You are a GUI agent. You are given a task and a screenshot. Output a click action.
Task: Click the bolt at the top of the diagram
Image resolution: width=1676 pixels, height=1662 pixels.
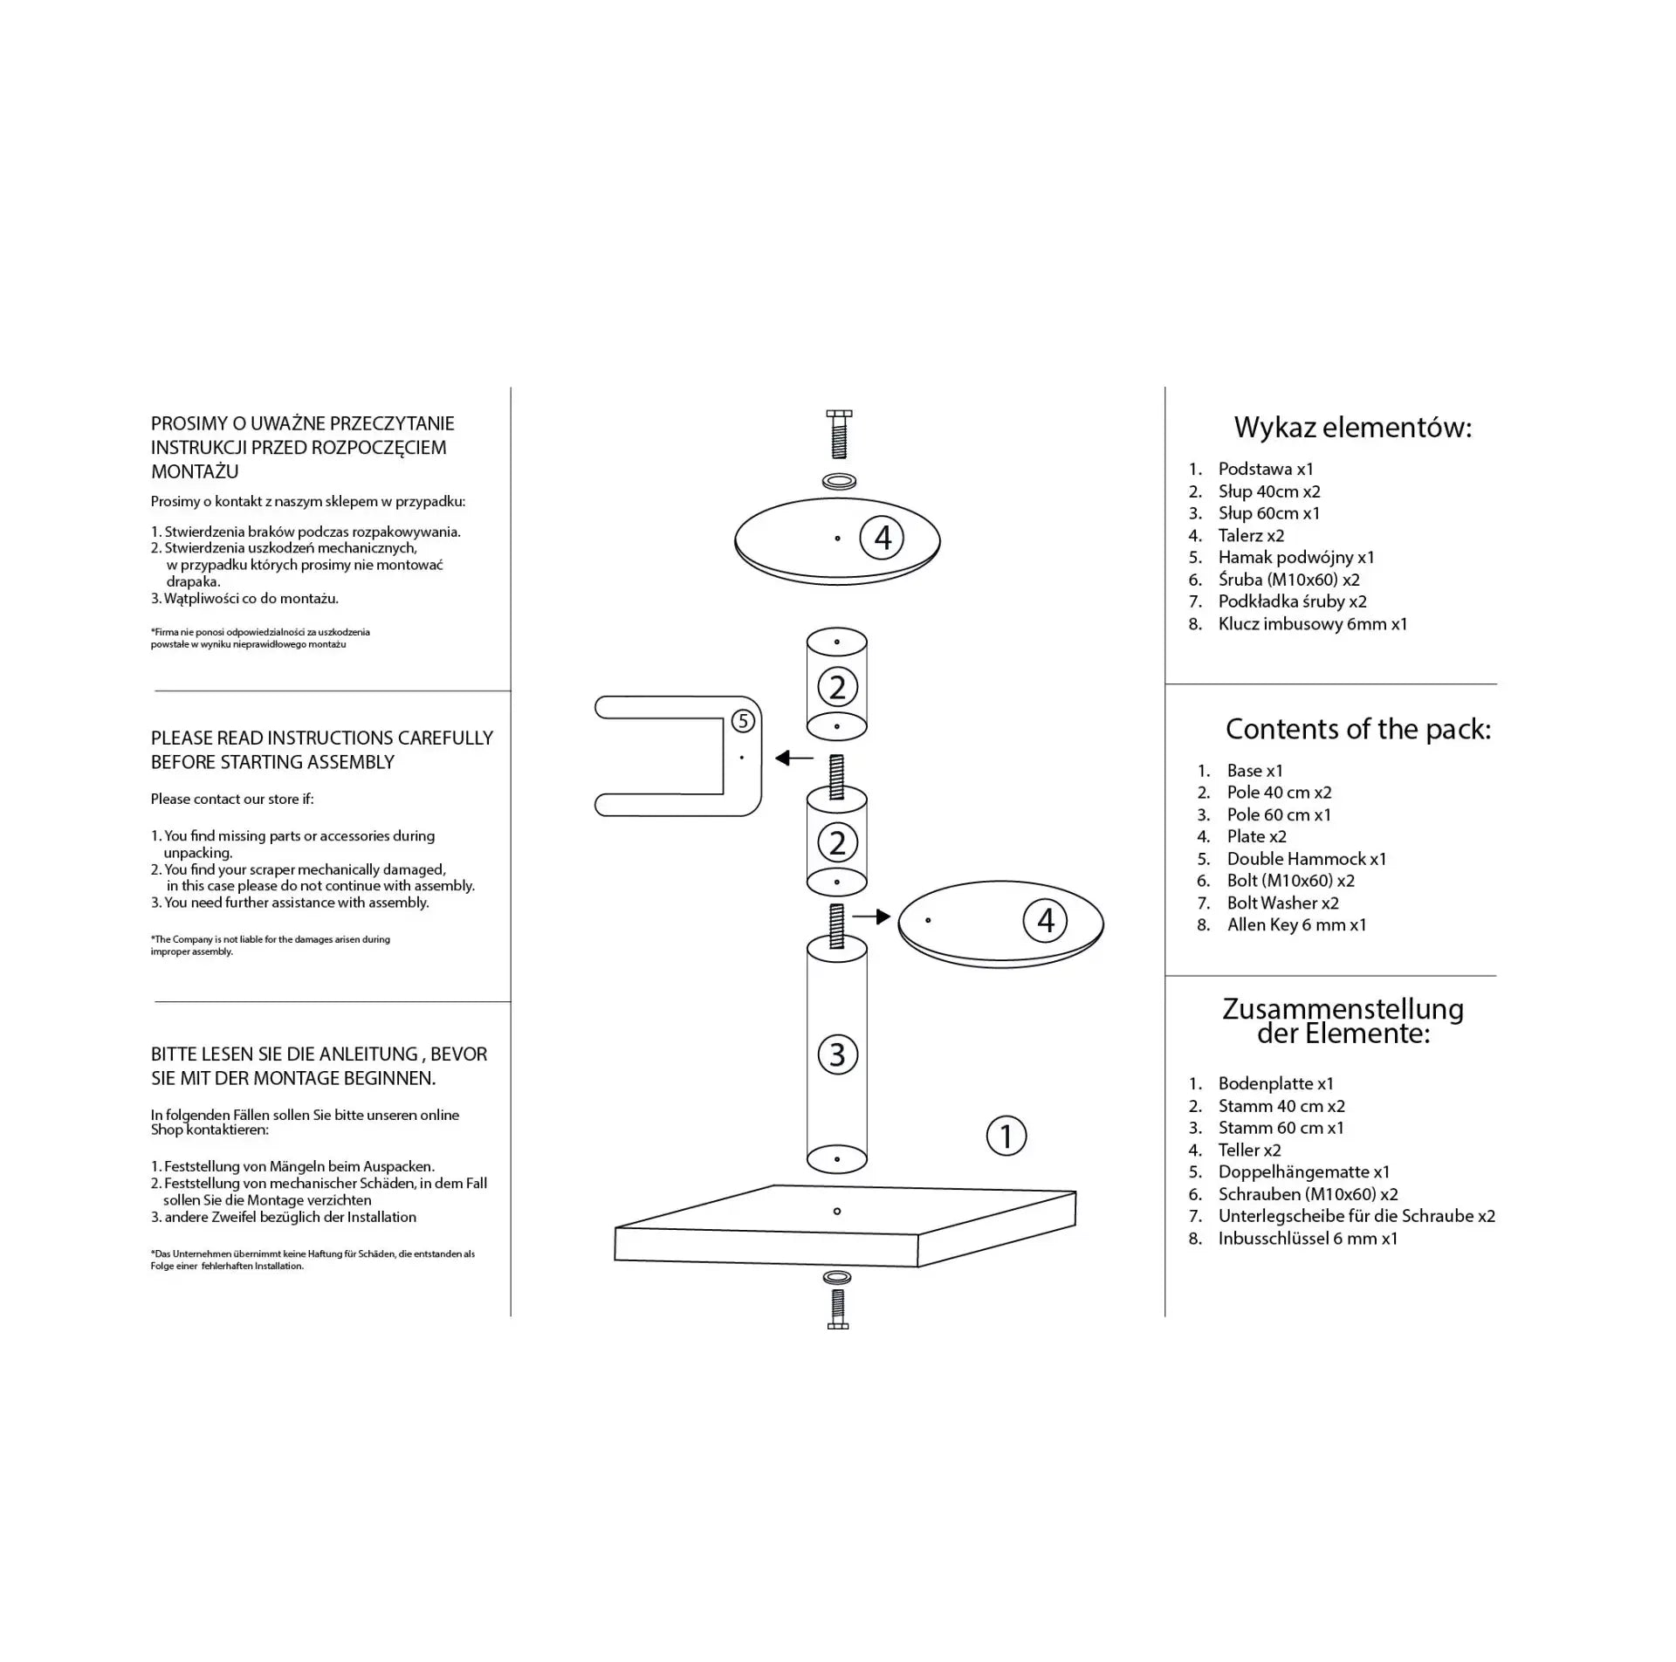click(x=838, y=434)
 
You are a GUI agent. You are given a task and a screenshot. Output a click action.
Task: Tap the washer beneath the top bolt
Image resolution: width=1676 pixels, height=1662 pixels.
click(x=838, y=480)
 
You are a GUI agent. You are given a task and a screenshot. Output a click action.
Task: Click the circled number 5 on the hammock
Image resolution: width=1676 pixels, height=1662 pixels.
click(x=742, y=721)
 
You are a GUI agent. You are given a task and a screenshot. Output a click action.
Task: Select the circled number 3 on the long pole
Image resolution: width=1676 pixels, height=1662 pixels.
click(x=837, y=1054)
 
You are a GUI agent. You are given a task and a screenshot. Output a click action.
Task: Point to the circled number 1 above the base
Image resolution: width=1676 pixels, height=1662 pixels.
click(x=1006, y=1137)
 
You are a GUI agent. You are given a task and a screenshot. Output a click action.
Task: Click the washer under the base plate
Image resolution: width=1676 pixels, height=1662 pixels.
click(x=837, y=1278)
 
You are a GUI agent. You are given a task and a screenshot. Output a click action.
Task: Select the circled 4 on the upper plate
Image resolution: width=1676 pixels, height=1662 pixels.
click(x=882, y=538)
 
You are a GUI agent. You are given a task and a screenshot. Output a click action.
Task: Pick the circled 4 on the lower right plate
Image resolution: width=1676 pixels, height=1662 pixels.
click(x=1045, y=921)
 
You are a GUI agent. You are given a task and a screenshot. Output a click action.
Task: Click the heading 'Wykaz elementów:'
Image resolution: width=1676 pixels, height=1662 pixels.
click(x=1352, y=428)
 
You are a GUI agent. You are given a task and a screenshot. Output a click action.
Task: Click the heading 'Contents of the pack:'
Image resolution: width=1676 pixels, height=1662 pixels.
click(x=1358, y=729)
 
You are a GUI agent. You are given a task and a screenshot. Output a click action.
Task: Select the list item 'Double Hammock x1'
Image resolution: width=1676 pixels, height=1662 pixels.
click(x=1306, y=859)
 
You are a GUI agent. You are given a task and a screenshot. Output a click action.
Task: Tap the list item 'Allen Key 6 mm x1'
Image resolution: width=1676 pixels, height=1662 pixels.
click(x=1296, y=924)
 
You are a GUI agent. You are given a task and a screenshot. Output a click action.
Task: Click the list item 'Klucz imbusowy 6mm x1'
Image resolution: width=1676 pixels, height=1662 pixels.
click(x=1312, y=623)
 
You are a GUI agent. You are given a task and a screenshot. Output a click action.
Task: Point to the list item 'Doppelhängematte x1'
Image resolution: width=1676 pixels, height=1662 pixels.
click(x=1303, y=1171)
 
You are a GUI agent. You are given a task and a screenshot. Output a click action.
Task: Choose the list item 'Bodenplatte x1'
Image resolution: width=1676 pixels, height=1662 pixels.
click(x=1275, y=1083)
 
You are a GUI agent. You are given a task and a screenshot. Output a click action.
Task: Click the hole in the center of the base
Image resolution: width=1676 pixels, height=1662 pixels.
click(x=837, y=1211)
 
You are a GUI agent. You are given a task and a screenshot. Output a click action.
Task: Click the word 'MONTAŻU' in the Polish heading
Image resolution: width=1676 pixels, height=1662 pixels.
click(x=195, y=471)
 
